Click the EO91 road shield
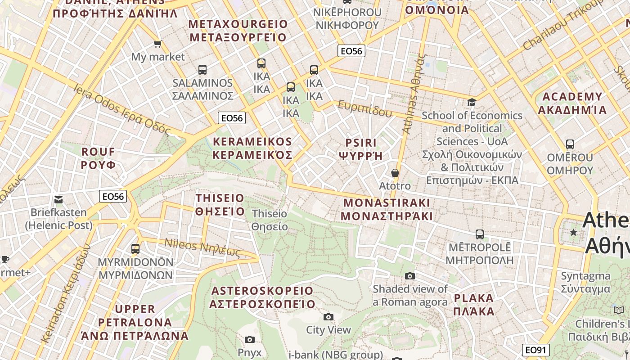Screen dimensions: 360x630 536,350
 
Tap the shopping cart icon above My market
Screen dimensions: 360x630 157,44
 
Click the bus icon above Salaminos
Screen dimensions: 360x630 202,70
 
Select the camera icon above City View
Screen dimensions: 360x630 328,317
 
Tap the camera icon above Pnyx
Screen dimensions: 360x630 250,339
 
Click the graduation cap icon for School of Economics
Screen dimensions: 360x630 472,102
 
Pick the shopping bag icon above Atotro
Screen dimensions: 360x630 395,173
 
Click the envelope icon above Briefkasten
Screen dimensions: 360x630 58,199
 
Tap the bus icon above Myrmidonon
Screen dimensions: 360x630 135,248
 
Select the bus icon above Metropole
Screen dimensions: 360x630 480,234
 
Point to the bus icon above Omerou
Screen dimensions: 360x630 570,144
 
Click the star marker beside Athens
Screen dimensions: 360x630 573,233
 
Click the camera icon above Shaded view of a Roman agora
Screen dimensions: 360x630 409,276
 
